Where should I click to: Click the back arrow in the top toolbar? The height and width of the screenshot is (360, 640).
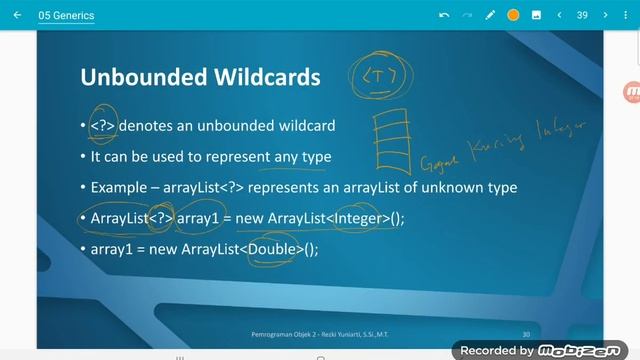click(x=17, y=15)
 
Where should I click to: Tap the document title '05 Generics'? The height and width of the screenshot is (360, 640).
click(x=68, y=15)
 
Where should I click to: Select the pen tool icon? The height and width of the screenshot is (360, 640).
click(x=490, y=15)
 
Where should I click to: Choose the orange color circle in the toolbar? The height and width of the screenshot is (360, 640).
click(x=513, y=15)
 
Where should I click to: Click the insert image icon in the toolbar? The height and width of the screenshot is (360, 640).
click(x=536, y=15)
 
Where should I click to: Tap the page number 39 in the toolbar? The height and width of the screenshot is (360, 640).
click(x=582, y=15)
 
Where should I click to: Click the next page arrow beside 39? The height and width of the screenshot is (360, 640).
click(x=605, y=15)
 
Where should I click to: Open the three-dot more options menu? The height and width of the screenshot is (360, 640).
click(x=628, y=15)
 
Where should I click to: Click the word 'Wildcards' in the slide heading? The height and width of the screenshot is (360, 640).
click(x=265, y=78)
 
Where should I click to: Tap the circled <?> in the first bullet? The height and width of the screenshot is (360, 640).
click(x=103, y=126)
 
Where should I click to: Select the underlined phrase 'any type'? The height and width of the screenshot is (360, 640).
click(x=302, y=157)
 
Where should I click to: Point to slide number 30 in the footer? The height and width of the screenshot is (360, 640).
click(x=526, y=333)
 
